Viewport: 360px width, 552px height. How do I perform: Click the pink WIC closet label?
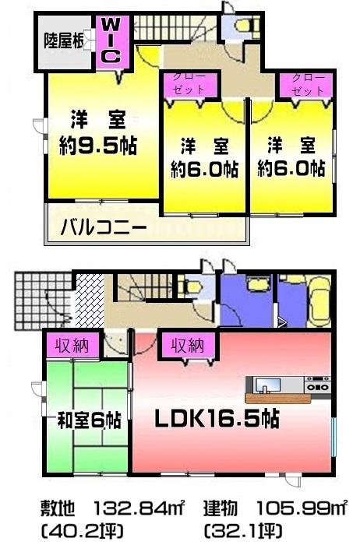[111, 40]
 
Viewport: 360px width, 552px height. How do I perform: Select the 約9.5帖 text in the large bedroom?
[97, 146]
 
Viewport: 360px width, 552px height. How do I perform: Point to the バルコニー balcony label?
[104, 228]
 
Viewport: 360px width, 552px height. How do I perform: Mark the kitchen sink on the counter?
[264, 385]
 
